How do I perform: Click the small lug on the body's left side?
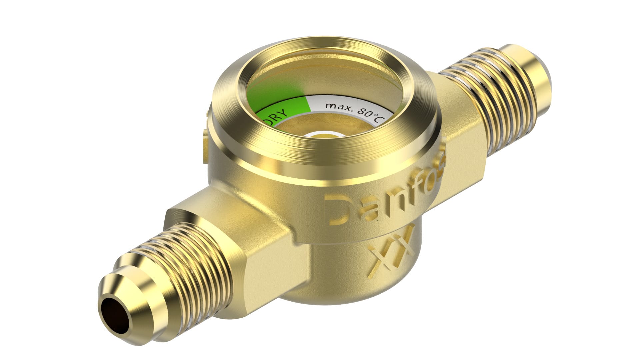[x=204, y=147]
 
